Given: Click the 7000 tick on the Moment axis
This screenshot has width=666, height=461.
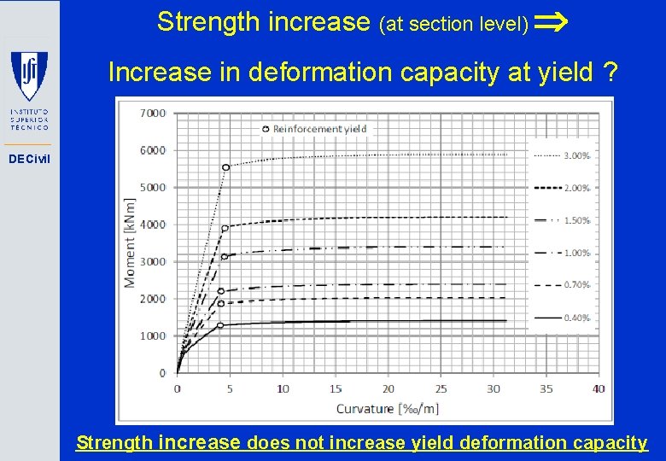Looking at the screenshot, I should click(153, 113).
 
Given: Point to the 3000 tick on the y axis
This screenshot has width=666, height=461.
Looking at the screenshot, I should click(153, 261).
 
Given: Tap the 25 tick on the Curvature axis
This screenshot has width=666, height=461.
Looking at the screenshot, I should click(441, 389).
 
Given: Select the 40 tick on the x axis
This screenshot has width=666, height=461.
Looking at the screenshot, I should click(598, 389).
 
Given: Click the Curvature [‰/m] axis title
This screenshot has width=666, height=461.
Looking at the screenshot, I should click(387, 408).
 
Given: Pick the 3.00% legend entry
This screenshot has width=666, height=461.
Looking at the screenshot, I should click(576, 156).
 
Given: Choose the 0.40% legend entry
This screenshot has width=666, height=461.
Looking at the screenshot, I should click(576, 318).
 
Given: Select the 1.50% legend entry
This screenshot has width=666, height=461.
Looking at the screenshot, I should click(576, 221).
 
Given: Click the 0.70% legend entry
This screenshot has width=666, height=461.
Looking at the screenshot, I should click(576, 285).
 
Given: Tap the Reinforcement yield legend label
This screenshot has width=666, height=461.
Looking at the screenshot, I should click(319, 129).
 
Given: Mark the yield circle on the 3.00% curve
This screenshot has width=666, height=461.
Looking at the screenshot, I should click(225, 167).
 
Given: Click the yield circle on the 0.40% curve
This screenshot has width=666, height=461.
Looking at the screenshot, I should click(219, 325).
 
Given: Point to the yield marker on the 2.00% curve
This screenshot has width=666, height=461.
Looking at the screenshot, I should click(225, 228).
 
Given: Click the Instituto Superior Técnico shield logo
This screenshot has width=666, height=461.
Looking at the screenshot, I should click(29, 76).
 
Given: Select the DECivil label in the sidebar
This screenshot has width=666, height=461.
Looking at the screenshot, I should click(29, 159).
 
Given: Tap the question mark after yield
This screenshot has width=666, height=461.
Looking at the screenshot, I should click(610, 73).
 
